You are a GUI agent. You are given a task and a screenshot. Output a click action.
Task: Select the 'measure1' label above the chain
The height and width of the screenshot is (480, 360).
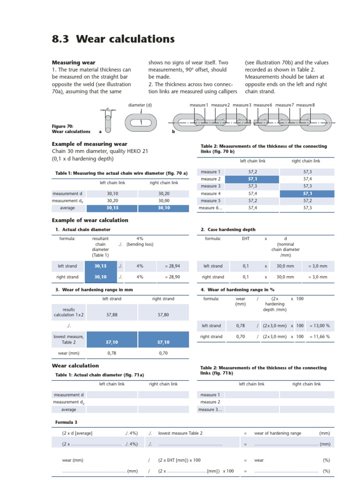click(x=199, y=105)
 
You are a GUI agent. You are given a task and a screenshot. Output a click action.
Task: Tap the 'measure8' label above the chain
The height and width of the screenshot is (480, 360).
click(x=305, y=105)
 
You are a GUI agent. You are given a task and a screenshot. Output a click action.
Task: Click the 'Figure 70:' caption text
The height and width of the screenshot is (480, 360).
click(x=62, y=126)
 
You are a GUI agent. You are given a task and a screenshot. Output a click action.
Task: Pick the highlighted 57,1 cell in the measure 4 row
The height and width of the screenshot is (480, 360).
click(x=307, y=193)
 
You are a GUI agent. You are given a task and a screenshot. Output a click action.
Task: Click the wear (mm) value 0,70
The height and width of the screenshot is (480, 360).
click(x=163, y=352)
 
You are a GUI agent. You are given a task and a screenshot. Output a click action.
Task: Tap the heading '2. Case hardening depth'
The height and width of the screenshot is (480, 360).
click(x=228, y=230)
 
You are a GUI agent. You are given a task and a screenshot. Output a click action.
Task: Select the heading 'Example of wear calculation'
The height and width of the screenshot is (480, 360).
click(x=90, y=220)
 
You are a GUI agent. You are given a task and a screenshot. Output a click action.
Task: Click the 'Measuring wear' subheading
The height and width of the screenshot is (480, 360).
click(x=73, y=62)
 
